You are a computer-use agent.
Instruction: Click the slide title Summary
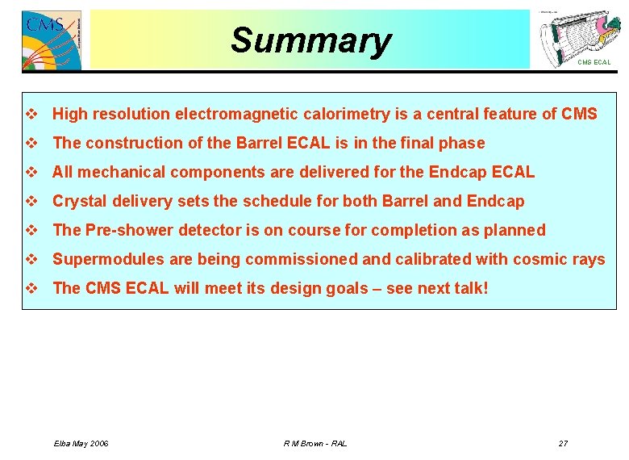(310, 40)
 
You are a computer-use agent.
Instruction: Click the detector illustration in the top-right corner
(577, 34)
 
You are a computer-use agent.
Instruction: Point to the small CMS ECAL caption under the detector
(594, 62)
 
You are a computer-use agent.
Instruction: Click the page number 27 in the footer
(563, 444)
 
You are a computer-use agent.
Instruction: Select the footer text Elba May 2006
(81, 444)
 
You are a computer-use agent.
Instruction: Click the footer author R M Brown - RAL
(315, 444)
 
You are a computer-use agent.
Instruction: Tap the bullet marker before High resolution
(33, 115)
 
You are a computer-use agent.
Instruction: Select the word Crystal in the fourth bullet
(78, 202)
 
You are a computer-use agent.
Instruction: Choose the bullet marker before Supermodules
(33, 260)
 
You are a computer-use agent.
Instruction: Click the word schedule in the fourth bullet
(247, 202)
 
